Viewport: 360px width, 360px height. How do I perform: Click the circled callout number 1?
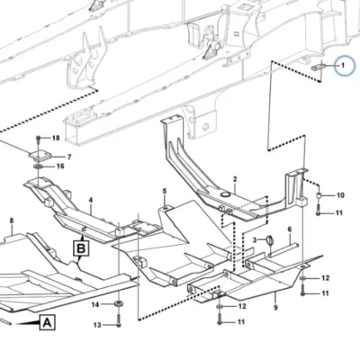[343, 65]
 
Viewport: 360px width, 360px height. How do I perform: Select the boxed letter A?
[47, 323]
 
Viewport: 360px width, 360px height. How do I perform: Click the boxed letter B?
[81, 248]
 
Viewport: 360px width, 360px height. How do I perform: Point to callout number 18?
[56, 138]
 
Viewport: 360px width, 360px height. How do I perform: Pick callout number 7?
[69, 157]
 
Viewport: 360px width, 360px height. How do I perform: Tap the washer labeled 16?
[38, 166]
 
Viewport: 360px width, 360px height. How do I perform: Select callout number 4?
[91, 200]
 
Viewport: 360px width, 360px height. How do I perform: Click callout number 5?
[165, 191]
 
